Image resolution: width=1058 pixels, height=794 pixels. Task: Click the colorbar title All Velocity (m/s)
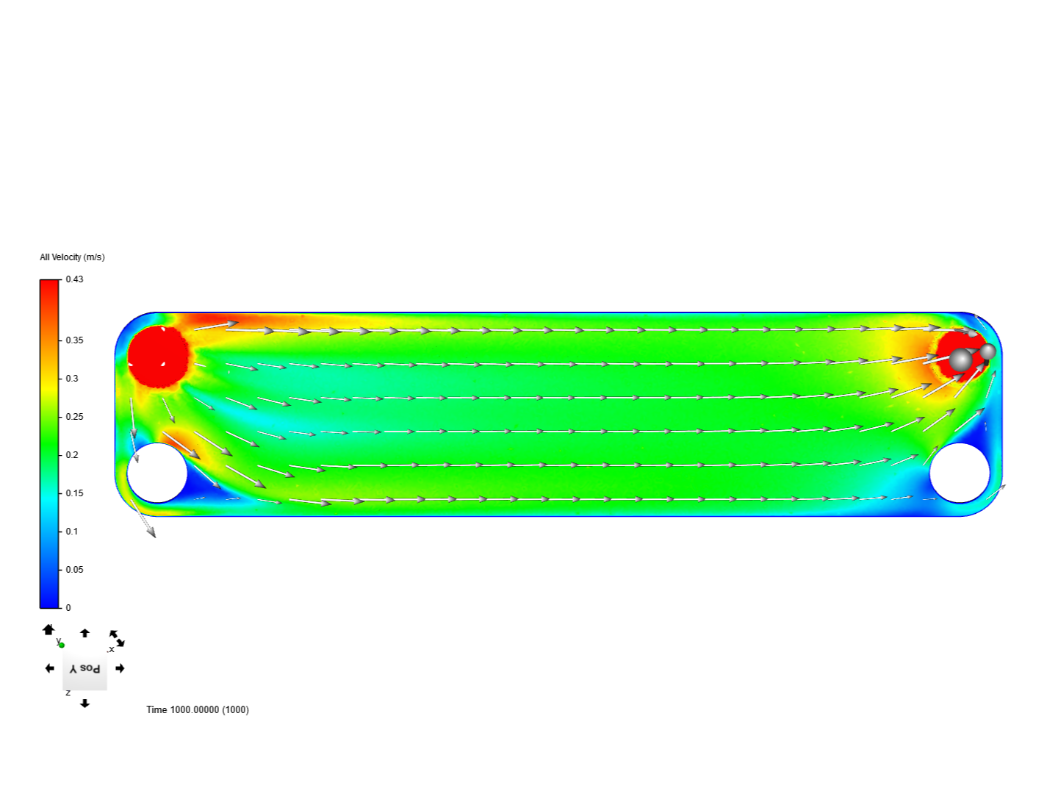pos(72,257)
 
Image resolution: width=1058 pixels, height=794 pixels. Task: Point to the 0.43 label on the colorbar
pos(74,279)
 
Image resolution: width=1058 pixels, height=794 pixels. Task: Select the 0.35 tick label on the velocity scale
pos(74,340)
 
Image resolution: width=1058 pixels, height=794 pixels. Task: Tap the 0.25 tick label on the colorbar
pos(74,417)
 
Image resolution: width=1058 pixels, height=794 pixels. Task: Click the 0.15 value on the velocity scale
pos(74,493)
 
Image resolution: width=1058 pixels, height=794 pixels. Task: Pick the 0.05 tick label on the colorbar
pos(74,569)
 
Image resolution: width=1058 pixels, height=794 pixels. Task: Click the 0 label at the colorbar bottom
pos(68,608)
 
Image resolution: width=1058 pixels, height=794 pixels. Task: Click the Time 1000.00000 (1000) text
pos(198,709)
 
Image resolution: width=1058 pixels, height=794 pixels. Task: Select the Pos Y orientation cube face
pos(84,669)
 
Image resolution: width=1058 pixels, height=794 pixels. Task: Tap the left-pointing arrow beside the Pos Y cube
pos(49,668)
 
